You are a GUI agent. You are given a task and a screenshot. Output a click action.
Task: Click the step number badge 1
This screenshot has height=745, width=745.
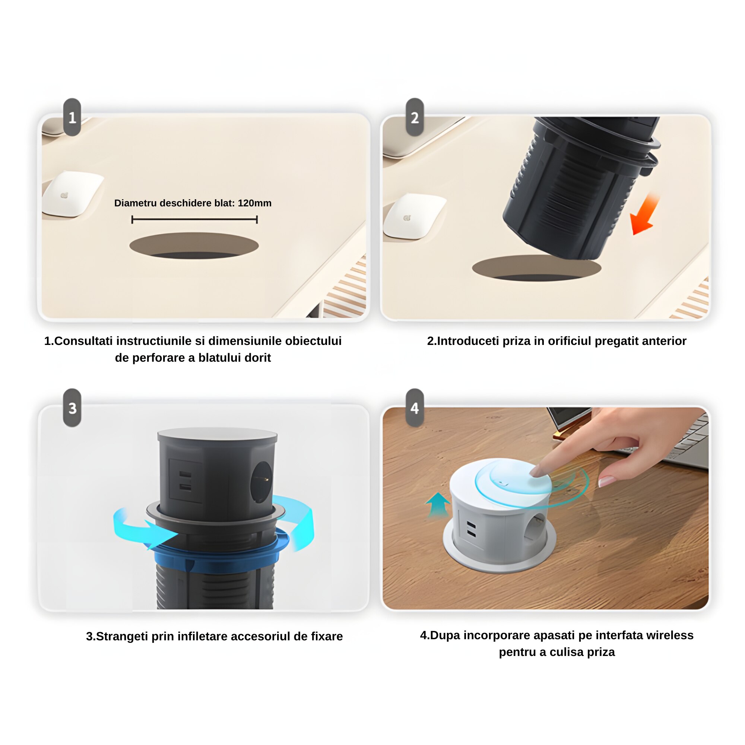click(72, 117)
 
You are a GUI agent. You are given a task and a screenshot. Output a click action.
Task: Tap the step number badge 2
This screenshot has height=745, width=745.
click(415, 117)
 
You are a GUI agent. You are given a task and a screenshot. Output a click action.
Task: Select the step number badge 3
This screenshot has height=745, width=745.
click(72, 408)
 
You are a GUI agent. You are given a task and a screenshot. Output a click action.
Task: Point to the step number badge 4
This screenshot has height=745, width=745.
click(415, 408)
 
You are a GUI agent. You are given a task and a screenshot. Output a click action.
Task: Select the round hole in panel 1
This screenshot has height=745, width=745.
click(194, 245)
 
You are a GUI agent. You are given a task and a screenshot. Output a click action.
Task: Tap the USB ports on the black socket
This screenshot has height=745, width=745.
click(186, 481)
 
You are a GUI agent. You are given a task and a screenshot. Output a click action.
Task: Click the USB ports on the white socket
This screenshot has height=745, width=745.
click(471, 529)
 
